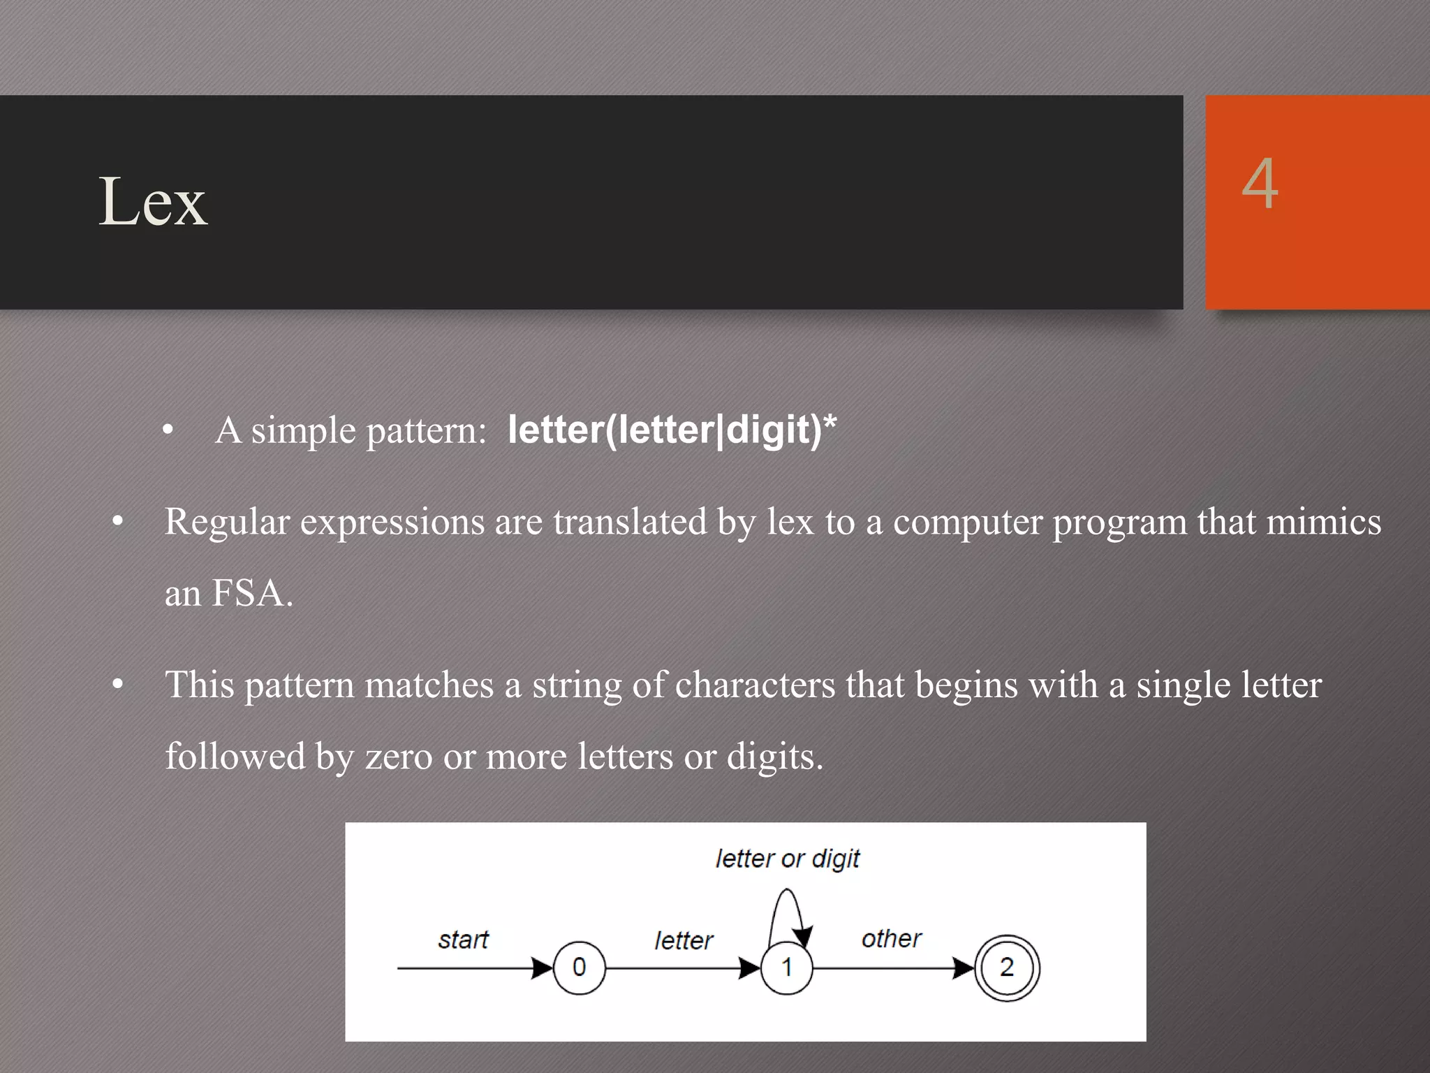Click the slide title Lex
(153, 202)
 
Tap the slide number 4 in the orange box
(1260, 183)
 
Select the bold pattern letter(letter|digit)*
(672, 429)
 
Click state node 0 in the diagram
(579, 968)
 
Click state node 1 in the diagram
(787, 968)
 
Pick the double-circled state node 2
(1006, 968)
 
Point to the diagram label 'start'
(463, 940)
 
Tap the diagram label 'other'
(891, 938)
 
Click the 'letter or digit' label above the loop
(788, 859)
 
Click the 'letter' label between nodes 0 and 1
(684, 940)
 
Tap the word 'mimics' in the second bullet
(1323, 522)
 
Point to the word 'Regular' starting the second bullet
(227, 522)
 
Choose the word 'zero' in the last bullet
(399, 757)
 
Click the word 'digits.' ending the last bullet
(774, 757)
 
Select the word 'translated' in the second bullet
(630, 522)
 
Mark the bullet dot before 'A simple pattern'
(168, 430)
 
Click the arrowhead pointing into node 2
(964, 968)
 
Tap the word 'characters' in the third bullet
(755, 685)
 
